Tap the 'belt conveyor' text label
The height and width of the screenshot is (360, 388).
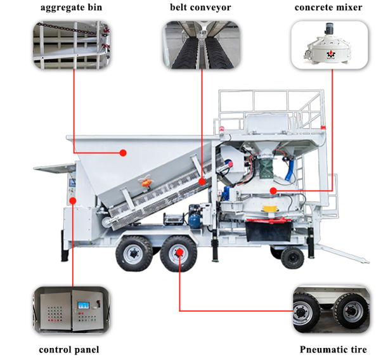click(x=200, y=9)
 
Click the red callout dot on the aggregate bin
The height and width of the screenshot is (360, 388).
click(x=124, y=152)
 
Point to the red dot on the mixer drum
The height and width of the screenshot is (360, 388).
click(x=273, y=191)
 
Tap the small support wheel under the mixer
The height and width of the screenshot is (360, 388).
click(x=292, y=257)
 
